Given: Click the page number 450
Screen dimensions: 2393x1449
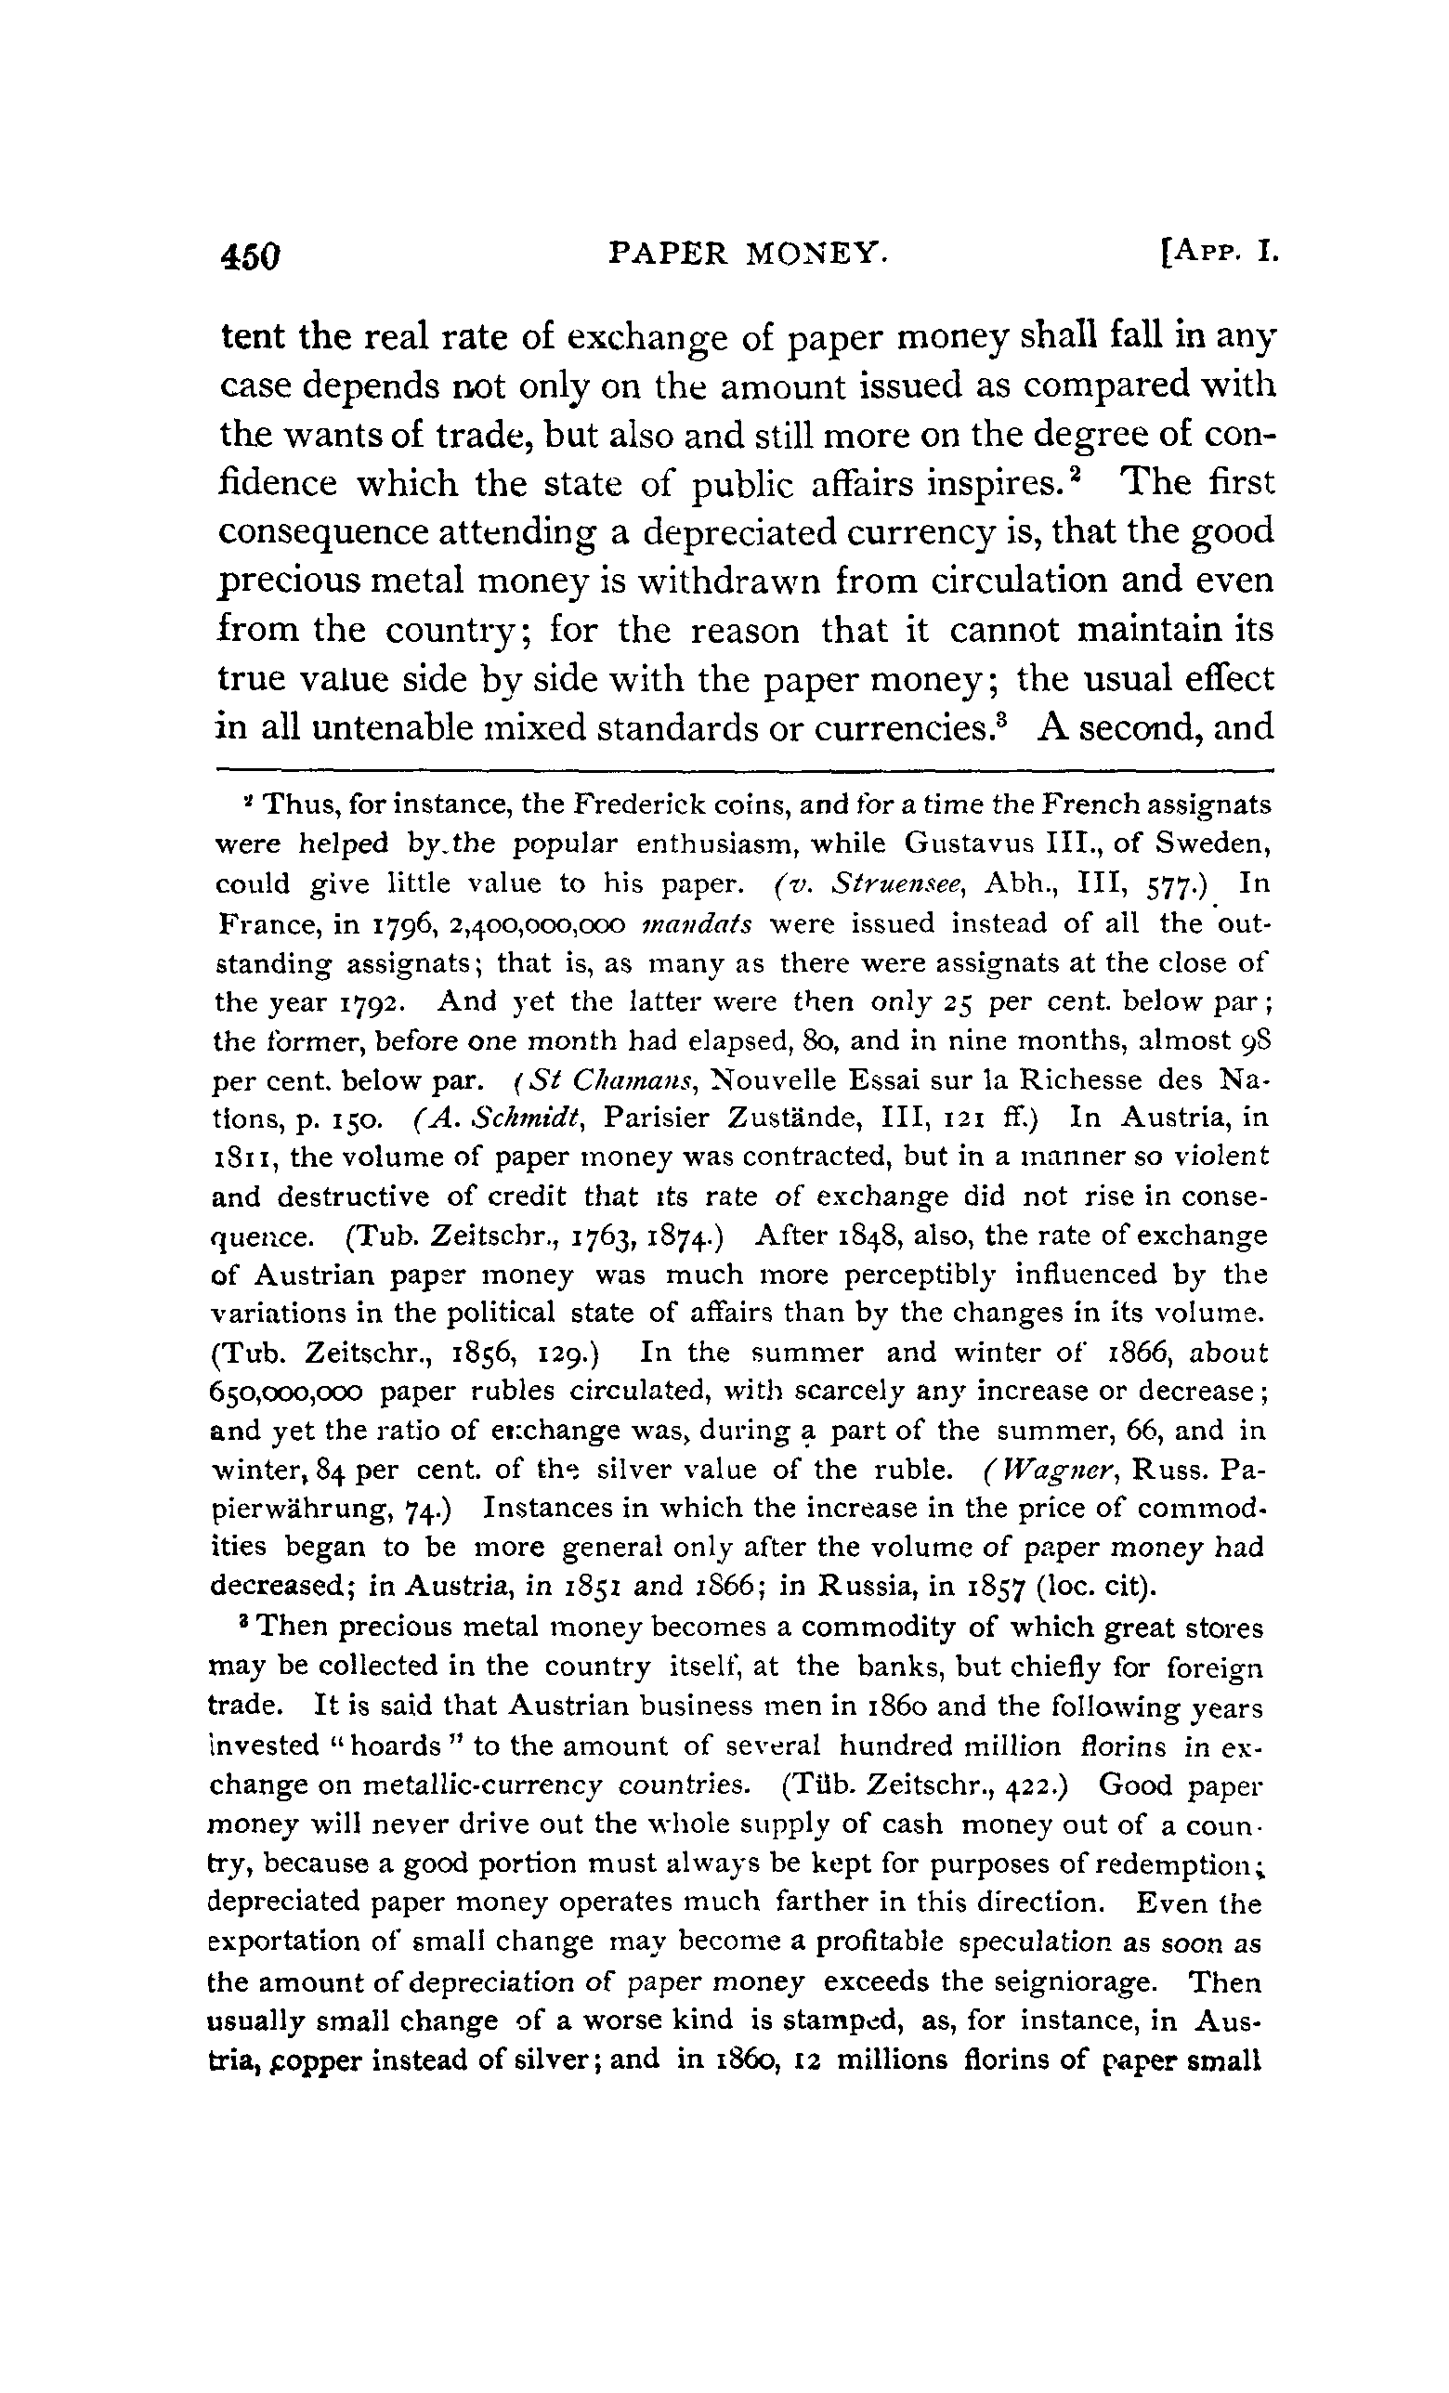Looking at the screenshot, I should (x=252, y=256).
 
